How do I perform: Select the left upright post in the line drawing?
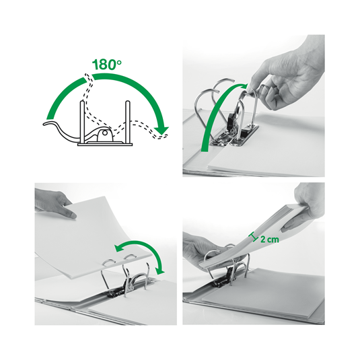[x=83, y=120]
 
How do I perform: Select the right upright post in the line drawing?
[x=126, y=120]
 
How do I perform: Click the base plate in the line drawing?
[x=104, y=143]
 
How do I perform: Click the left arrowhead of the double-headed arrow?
[x=118, y=250]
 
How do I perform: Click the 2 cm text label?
[x=270, y=238]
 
